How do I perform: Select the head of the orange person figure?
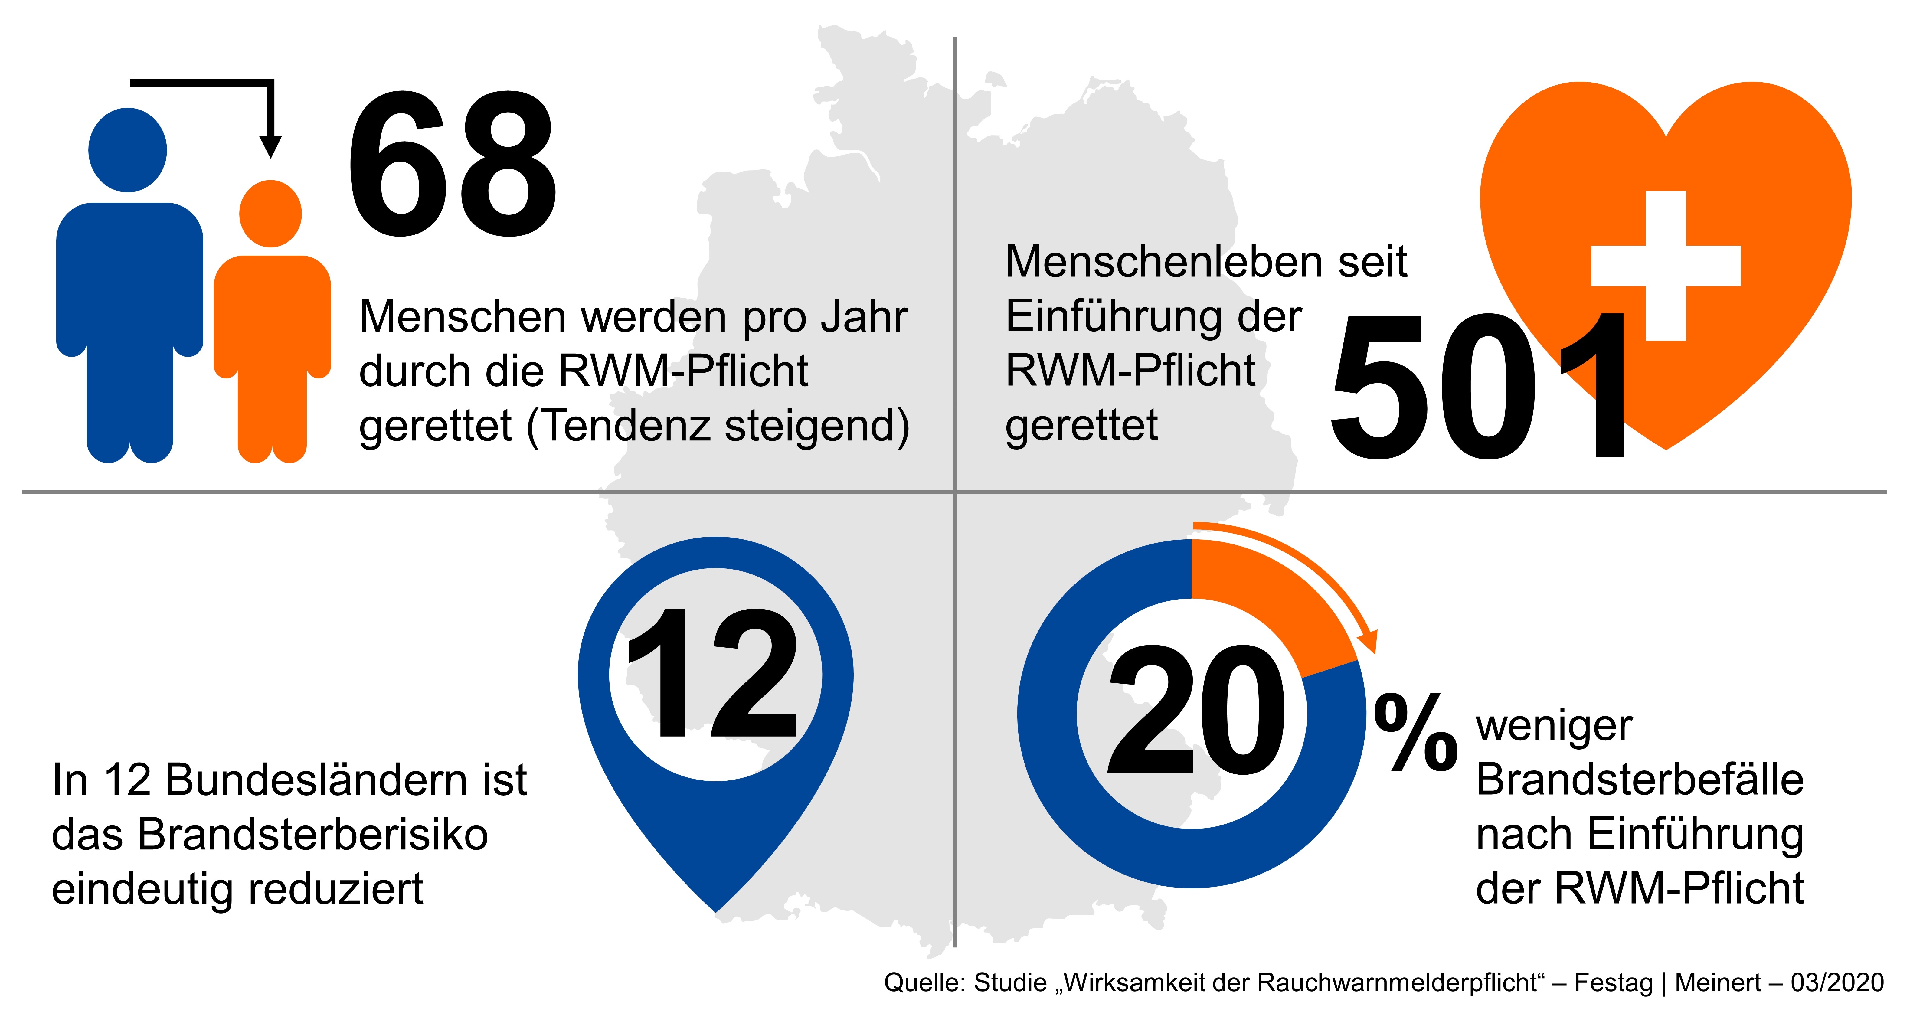coord(271,214)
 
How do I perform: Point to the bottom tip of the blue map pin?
coord(715,908)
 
